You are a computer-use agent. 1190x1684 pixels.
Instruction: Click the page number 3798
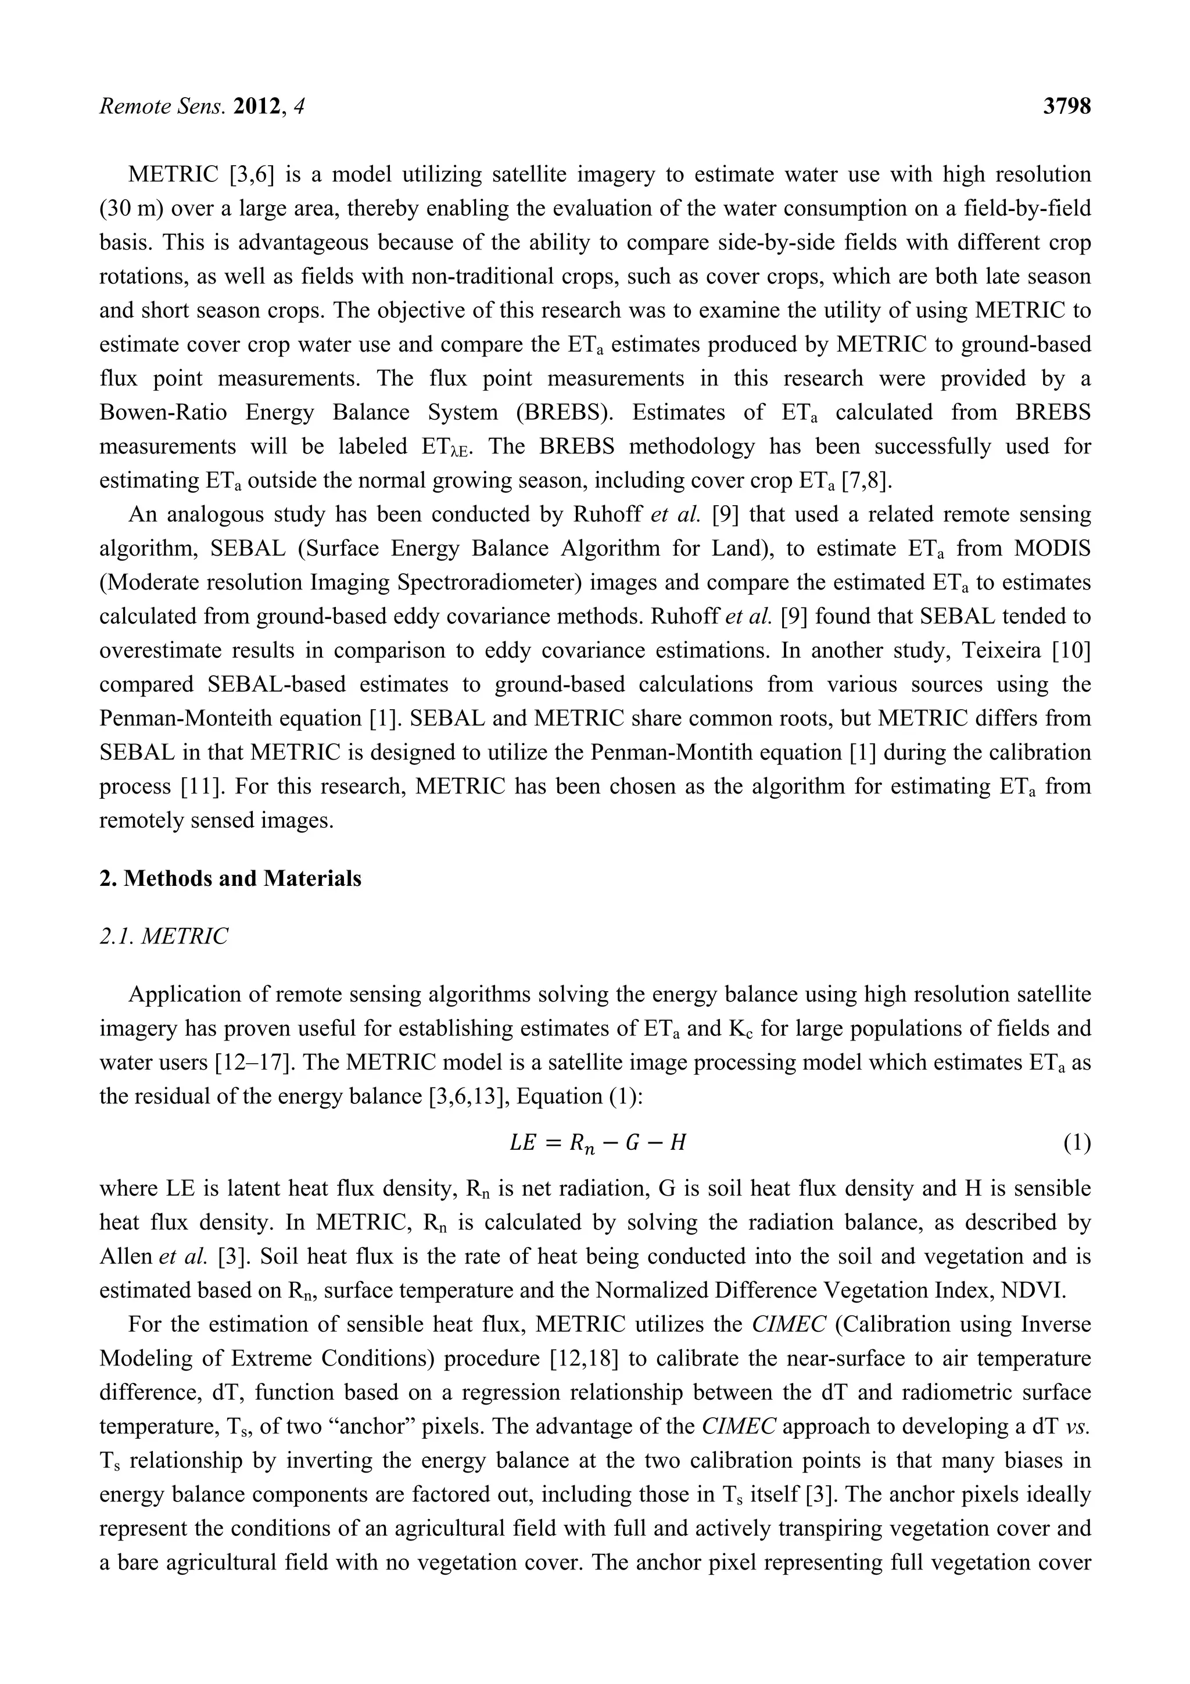tap(1067, 107)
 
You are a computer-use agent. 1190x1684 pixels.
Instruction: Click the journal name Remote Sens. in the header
tap(162, 107)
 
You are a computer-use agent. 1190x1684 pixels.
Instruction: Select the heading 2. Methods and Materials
tap(230, 879)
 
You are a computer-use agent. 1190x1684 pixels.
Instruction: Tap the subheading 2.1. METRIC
tap(163, 936)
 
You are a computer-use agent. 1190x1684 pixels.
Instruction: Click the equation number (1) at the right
tap(1076, 1143)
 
